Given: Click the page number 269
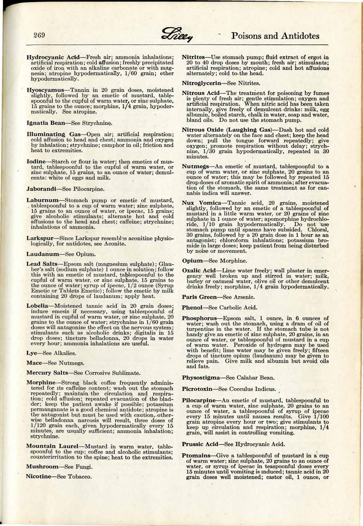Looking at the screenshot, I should click(x=39, y=36).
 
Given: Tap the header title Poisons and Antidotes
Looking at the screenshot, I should click(x=275, y=36).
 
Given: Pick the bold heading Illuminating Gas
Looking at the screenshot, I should click(x=51, y=134).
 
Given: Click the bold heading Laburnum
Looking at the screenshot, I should click(x=43, y=200).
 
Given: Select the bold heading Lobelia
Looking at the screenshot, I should click(x=37, y=306).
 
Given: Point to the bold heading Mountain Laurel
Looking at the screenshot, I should click(x=52, y=446).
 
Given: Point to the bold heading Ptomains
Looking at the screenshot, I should click(x=197, y=455).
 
